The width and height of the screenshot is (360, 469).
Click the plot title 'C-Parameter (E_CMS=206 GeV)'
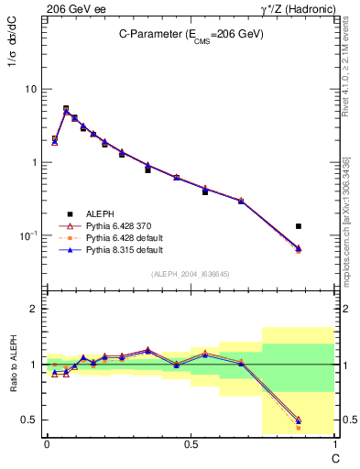click(x=191, y=34)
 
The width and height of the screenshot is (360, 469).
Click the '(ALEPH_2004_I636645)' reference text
click(x=189, y=274)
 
